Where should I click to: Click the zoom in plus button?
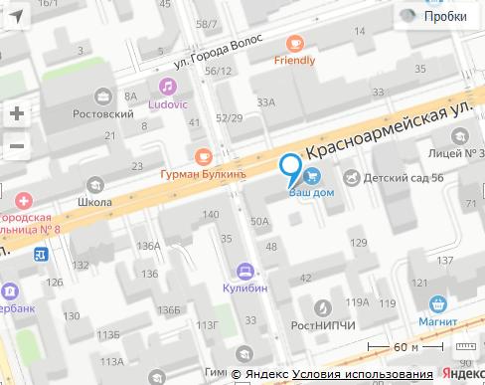pos(16,113)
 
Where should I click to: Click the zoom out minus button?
pos(16,146)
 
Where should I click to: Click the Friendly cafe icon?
pos(295,43)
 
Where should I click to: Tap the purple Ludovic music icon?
pos(171,87)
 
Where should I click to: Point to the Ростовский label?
pos(103,113)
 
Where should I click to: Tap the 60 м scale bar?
pos(405,348)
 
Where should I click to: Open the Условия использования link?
pos(362,375)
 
